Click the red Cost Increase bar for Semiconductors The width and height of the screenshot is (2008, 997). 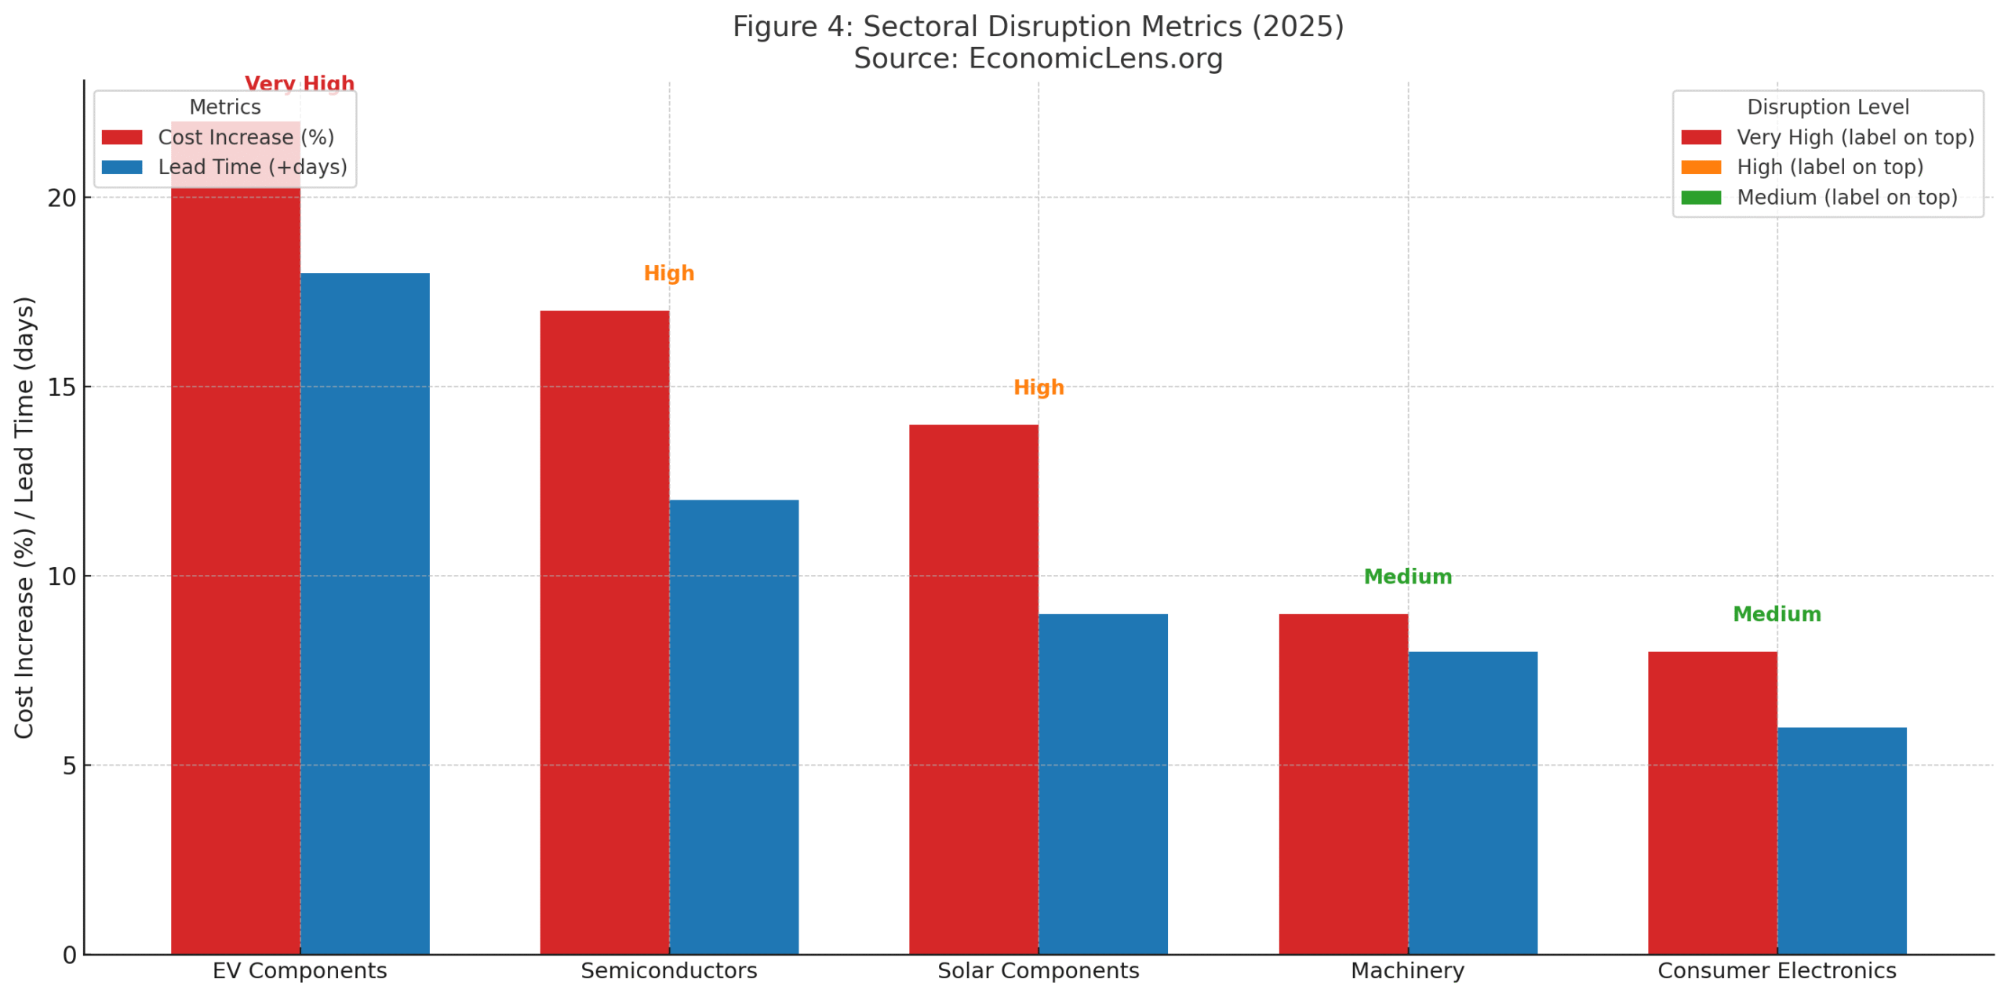[x=604, y=631]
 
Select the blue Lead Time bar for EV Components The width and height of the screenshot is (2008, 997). [x=365, y=613]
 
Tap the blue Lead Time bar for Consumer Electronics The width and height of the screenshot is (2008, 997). [x=1841, y=840]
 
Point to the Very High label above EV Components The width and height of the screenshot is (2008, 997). [x=300, y=83]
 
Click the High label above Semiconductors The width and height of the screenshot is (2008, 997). [x=668, y=273]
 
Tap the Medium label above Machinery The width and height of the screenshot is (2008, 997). [x=1407, y=577]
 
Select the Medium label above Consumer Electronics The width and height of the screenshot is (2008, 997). [x=1777, y=614]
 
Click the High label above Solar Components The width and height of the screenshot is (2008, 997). [x=1039, y=388]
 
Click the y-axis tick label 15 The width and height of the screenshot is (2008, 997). [x=62, y=388]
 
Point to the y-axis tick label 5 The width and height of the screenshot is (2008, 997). [x=70, y=766]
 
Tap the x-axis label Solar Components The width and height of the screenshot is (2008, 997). [x=1038, y=970]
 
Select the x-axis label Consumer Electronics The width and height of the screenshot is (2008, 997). [x=1777, y=970]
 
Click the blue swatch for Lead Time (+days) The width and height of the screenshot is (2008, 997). [x=122, y=167]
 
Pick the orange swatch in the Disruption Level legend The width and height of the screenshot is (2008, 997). [x=1701, y=167]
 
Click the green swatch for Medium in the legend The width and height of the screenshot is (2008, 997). [x=1701, y=197]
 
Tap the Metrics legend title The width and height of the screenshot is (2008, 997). [x=225, y=107]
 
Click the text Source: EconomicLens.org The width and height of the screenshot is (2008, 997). [x=1038, y=59]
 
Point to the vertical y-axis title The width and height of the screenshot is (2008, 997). [x=24, y=518]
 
